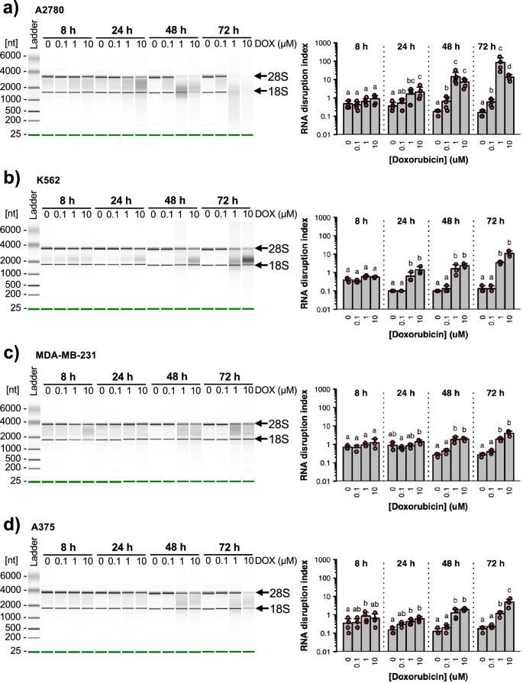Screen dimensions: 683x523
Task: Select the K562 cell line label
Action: [48, 180]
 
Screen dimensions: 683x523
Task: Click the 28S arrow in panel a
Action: [260, 76]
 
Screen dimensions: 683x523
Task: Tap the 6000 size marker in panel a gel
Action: [16, 56]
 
